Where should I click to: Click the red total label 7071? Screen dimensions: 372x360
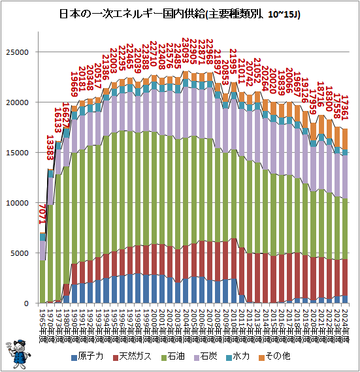(43, 215)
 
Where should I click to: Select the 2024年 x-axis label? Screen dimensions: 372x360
(345, 320)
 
